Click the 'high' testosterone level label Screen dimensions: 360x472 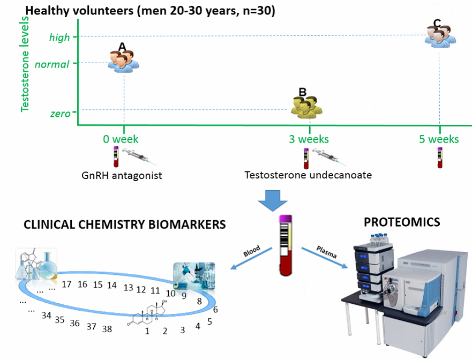tap(59, 37)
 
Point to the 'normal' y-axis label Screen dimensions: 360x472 tap(52, 65)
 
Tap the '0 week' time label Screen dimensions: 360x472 tap(121, 139)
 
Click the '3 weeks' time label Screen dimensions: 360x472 tap(309, 139)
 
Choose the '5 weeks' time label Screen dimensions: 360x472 tap(439, 139)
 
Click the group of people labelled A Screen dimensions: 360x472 tap(123, 59)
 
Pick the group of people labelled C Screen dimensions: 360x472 tap(440, 34)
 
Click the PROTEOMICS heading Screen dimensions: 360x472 tap(402, 222)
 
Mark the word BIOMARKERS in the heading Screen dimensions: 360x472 tap(182, 224)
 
